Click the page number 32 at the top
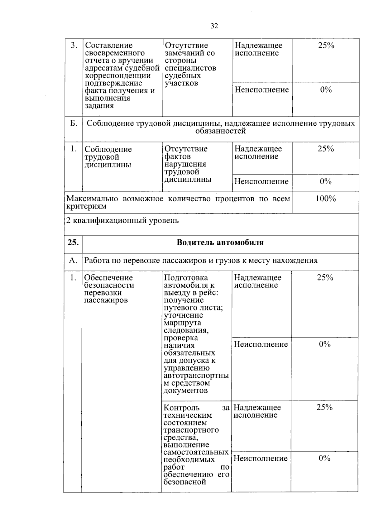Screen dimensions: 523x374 (214, 26)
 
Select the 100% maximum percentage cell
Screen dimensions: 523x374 (325, 199)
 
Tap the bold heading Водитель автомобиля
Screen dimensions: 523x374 (220, 242)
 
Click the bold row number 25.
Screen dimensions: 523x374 (73, 242)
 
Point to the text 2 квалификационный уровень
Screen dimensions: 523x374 (123, 221)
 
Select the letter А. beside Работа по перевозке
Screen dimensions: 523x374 (73, 260)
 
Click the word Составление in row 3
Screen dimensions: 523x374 (109, 46)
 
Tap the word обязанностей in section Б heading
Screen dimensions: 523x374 (221, 131)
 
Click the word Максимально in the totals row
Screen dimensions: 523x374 (92, 199)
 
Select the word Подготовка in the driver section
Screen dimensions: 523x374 (186, 278)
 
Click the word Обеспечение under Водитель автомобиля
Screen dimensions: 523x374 (109, 278)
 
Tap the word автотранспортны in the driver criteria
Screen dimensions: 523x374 (196, 376)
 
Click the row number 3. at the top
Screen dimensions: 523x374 (74, 46)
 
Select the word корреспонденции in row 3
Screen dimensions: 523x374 (118, 76)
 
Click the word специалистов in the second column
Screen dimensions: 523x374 (190, 68)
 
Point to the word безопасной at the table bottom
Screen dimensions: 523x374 (185, 482)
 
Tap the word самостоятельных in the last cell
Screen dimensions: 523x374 (196, 452)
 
